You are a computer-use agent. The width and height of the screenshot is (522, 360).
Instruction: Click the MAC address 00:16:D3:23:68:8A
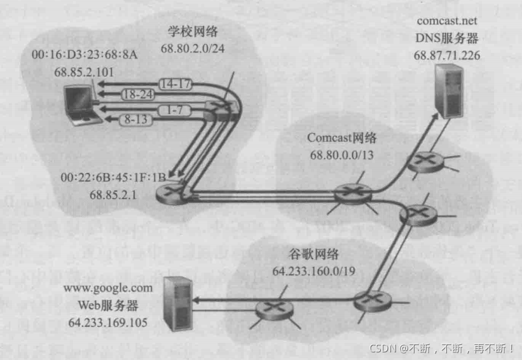click(x=74, y=55)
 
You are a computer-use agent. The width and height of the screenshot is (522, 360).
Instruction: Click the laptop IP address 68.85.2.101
click(x=75, y=71)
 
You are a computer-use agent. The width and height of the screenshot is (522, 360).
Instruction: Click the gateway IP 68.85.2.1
click(x=113, y=194)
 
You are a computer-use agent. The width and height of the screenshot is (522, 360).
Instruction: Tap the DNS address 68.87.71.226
click(x=447, y=55)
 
